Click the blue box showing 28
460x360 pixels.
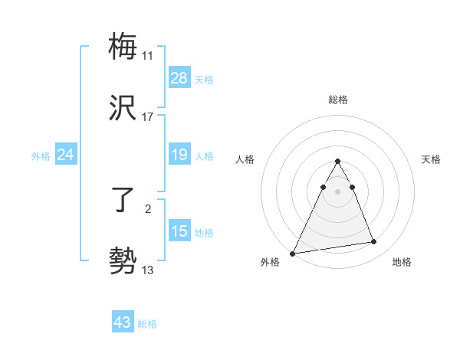179,78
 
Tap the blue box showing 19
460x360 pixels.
179,155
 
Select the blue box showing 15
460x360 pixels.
179,231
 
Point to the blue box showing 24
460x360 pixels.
66,155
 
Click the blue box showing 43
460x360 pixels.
123,322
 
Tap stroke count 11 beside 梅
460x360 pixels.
148,56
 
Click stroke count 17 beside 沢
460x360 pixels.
148,117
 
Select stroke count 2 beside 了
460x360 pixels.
148,208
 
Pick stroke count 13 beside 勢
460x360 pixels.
148,270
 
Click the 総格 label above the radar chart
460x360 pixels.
338,100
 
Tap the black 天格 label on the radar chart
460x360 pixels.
431,159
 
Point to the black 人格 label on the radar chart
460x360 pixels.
245,159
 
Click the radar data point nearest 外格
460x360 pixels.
293,254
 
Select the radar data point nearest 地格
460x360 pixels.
374,242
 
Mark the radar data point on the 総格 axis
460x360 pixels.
338,162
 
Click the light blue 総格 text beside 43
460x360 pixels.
147,324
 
